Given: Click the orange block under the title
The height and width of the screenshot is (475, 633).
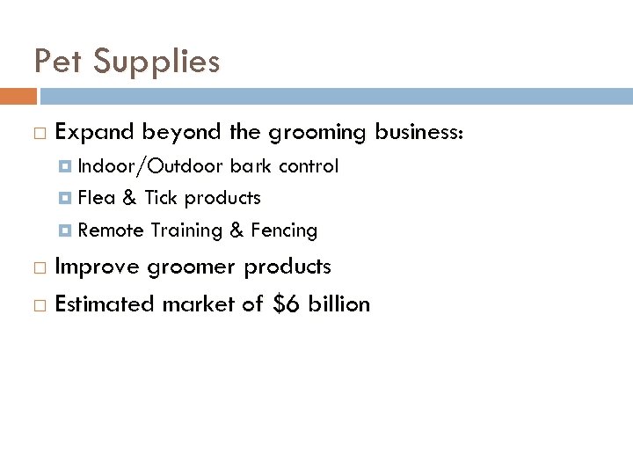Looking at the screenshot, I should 18,96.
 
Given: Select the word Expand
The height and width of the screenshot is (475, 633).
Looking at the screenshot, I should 95,133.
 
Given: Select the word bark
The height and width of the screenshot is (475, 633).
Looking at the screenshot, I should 251,166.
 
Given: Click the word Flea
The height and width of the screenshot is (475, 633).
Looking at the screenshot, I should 96,198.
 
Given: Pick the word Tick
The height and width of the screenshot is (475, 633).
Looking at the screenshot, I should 162,198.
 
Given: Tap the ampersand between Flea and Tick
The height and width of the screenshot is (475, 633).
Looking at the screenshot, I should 129,198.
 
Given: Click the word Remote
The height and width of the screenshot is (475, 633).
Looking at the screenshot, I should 111,230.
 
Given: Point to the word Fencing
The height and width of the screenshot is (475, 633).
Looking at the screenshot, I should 284,231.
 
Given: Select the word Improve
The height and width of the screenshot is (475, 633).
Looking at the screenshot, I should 96,267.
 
